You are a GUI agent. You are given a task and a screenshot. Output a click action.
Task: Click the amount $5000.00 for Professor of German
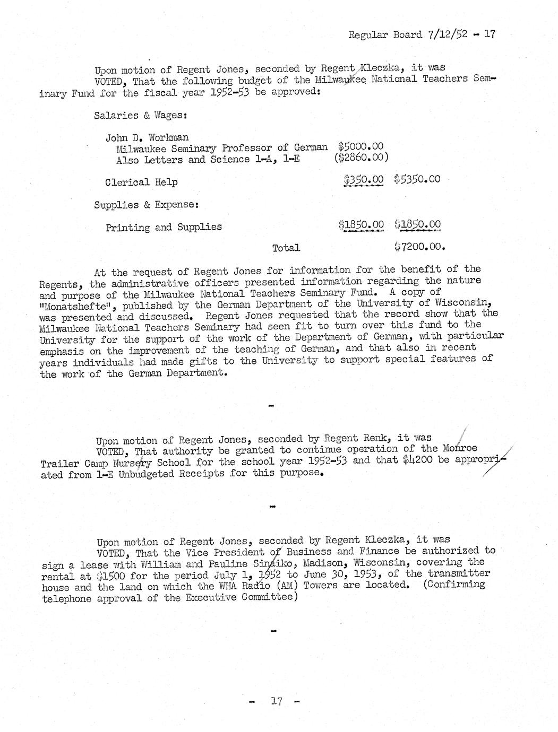360,146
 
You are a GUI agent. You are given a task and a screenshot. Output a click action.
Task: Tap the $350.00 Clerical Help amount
363,180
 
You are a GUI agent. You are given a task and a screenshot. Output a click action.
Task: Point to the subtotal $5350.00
417,179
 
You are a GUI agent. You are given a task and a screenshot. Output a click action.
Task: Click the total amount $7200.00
419,246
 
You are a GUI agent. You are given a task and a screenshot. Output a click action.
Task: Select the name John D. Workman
147,138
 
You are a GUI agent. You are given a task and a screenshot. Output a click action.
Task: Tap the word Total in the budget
286,248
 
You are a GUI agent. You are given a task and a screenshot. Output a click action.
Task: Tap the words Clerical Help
141,182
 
